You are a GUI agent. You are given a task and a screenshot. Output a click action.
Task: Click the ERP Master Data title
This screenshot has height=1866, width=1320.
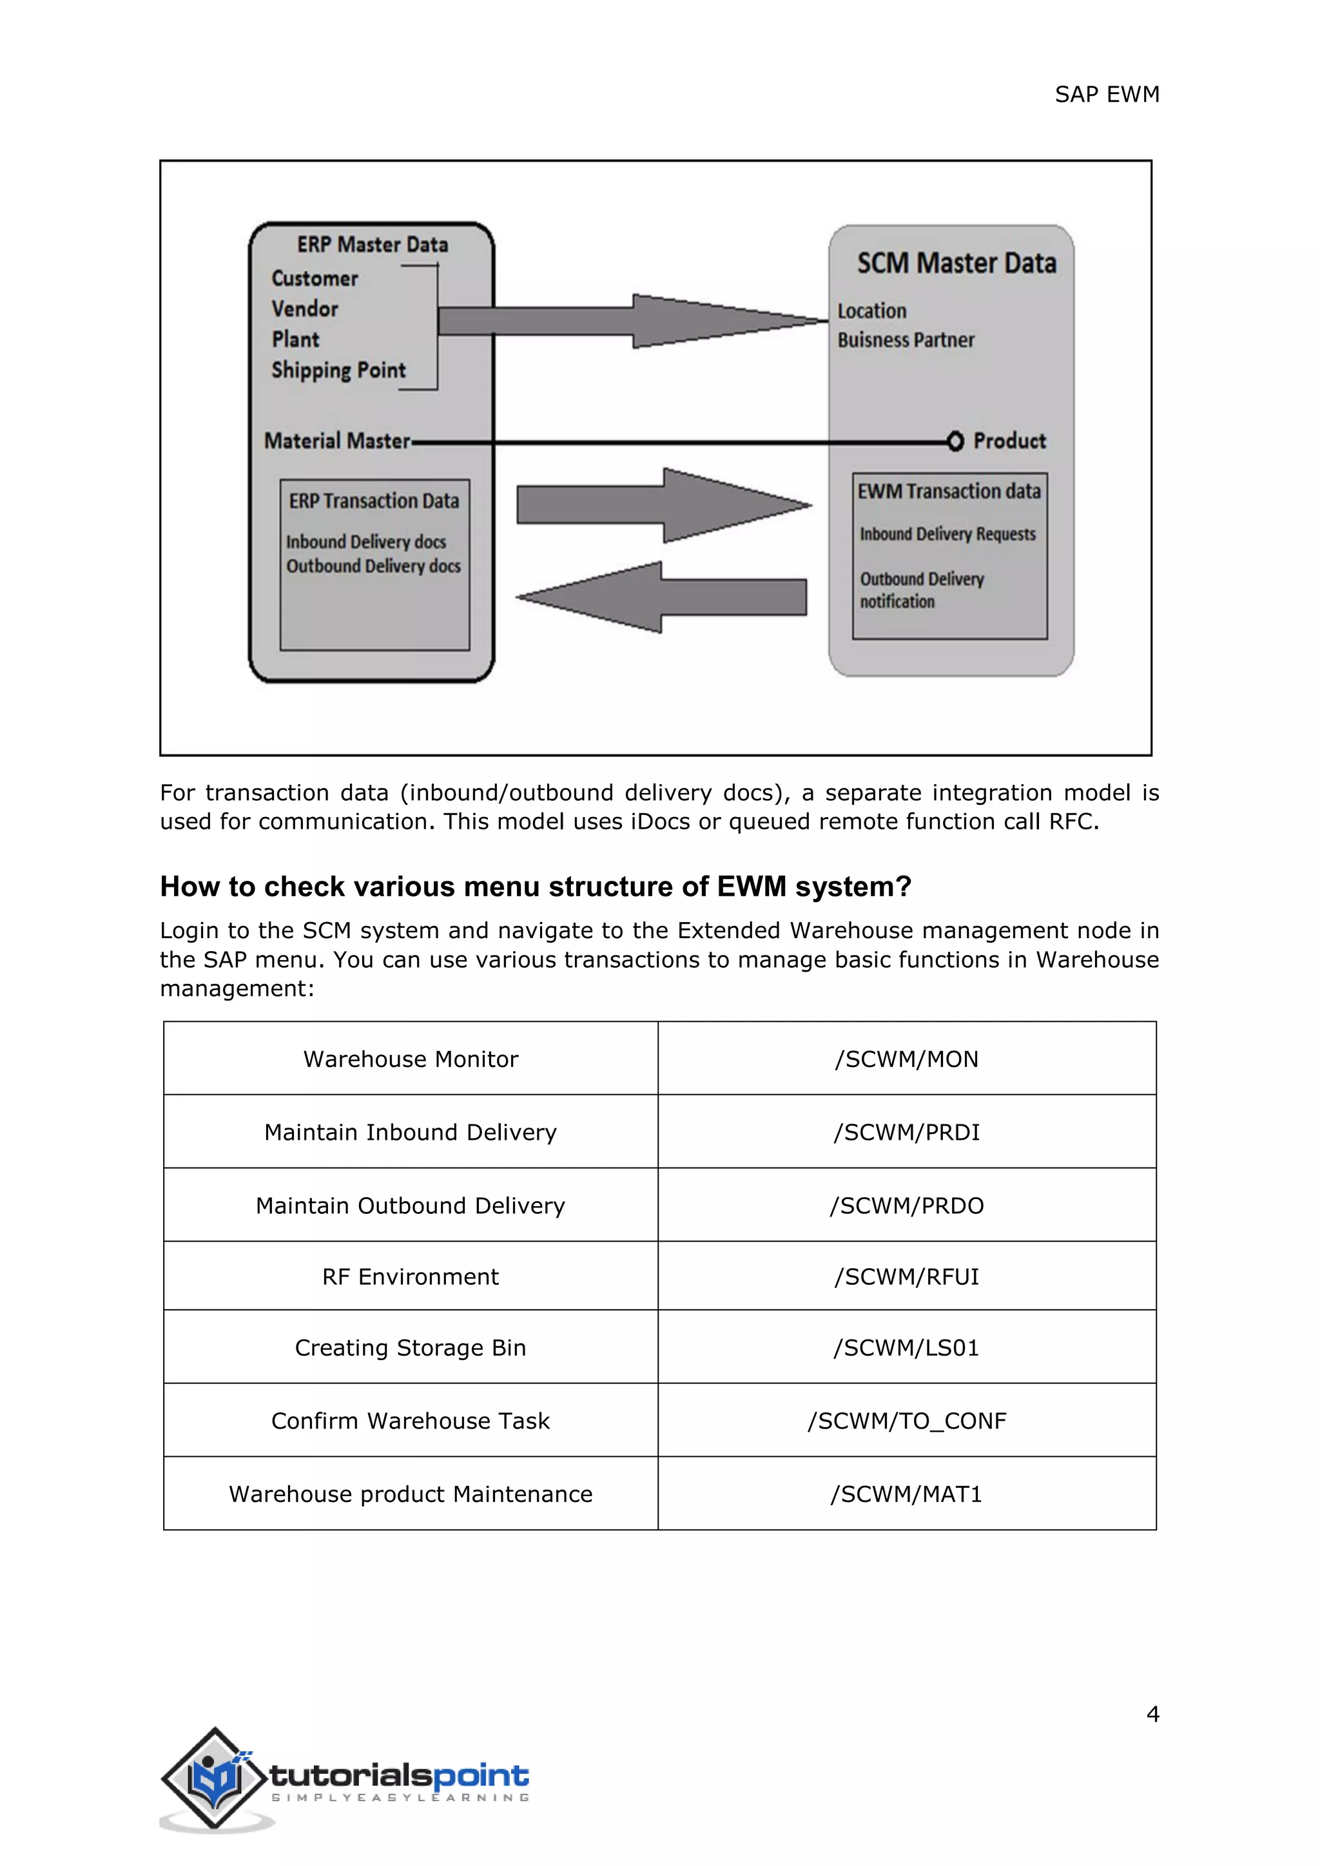(373, 245)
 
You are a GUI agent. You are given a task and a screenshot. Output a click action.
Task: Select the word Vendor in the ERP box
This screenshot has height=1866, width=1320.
(305, 310)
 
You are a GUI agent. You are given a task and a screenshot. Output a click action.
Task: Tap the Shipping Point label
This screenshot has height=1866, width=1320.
(338, 370)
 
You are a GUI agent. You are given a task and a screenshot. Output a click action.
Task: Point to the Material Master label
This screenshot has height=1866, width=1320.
(336, 441)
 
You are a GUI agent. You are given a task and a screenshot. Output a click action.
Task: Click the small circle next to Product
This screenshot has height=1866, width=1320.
(955, 441)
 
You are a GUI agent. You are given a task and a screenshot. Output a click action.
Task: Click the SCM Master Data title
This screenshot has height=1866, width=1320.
(956, 264)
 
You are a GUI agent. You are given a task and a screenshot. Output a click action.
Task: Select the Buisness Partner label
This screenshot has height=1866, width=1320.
(906, 340)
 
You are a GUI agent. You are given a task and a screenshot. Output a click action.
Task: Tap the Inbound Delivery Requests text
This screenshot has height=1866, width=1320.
(947, 535)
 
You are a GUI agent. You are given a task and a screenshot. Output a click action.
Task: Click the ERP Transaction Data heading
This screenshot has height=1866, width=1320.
(374, 501)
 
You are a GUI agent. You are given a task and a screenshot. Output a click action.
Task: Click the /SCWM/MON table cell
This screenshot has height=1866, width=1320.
(906, 1059)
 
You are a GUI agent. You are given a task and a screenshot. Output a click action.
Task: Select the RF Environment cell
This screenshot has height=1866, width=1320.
(411, 1277)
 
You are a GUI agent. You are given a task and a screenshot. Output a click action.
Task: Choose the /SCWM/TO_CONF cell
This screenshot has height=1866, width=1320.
(906, 1421)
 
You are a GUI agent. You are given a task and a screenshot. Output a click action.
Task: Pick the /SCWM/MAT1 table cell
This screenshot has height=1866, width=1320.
(906, 1494)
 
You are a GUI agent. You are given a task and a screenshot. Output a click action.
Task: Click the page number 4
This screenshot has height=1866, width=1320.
(1152, 1714)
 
